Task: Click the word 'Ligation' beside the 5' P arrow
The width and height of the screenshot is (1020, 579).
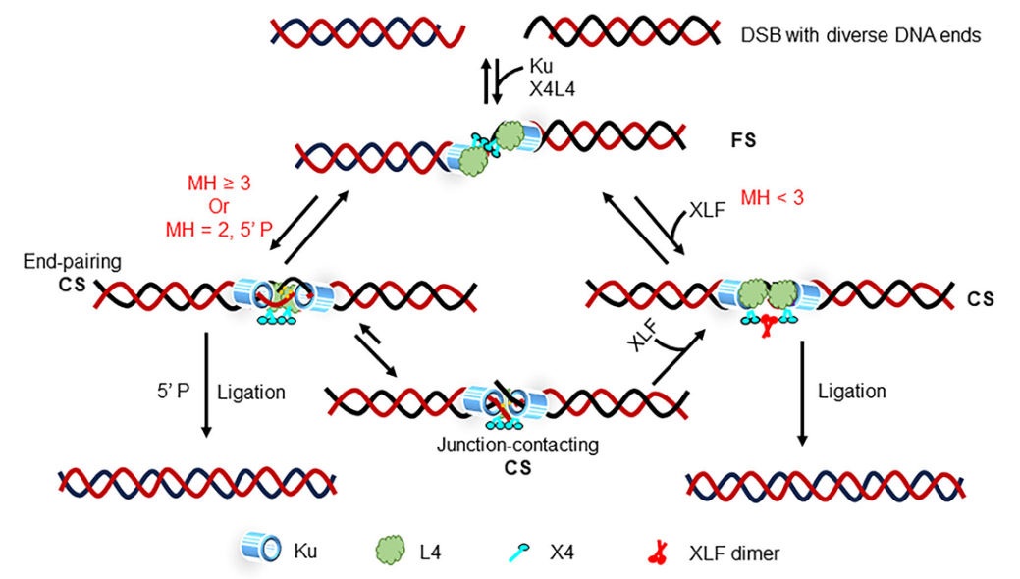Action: (x=250, y=392)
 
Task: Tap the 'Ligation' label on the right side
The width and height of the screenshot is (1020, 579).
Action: (x=851, y=391)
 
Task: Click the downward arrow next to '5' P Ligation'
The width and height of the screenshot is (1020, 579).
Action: (x=206, y=387)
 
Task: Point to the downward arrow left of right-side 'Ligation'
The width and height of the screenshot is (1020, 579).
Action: (x=802, y=393)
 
